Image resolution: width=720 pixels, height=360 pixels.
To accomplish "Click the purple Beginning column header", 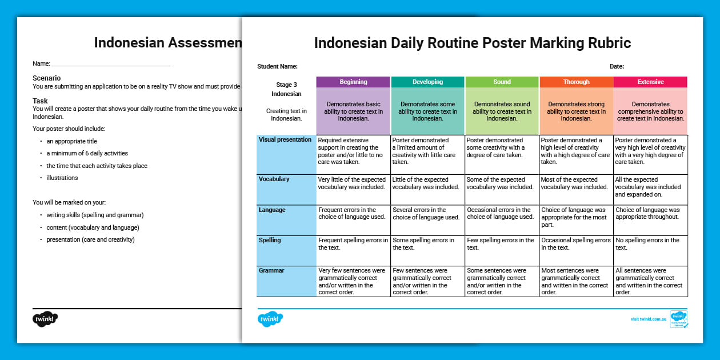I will pos(353,82).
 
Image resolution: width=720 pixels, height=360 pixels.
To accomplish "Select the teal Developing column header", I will pos(427,82).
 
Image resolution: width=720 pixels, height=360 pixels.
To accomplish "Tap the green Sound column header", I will pos(502,82).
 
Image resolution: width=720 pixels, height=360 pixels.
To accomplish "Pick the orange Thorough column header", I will pos(576,82).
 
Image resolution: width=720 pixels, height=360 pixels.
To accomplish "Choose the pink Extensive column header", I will pos(650,82).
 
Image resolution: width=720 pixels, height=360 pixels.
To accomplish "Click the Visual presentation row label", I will pos(285,139).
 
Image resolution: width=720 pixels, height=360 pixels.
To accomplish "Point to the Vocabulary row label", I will pos(274,179).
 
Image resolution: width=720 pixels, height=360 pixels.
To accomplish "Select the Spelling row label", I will pos(270,240).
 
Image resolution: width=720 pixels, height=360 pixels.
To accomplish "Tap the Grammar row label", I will pos(271,270).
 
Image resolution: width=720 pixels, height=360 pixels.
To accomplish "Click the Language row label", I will pos(272,210).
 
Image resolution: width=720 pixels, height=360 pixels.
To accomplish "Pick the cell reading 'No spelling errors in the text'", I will pos(650,244).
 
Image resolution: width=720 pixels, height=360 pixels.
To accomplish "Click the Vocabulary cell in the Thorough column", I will pos(576,183).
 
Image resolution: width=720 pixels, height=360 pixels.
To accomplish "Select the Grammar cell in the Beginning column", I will pos(353,281).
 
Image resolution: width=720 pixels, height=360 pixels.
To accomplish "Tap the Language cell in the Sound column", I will pos(502,214).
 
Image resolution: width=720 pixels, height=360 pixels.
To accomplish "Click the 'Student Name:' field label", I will pos(277,66).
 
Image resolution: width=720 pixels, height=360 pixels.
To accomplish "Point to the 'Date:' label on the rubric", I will pos(617,66).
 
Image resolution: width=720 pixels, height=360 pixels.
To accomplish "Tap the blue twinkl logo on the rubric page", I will pos(270,319).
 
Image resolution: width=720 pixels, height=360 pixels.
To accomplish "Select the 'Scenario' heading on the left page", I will pos(47,78).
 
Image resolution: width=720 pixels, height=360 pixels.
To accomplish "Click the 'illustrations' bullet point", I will pos(62,178).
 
